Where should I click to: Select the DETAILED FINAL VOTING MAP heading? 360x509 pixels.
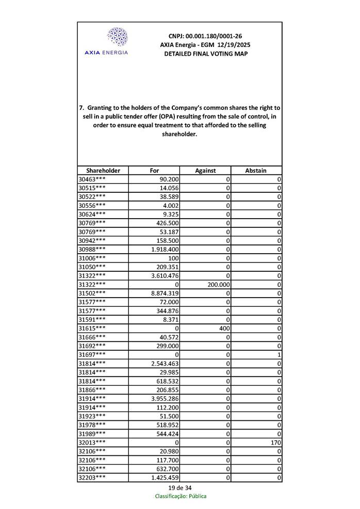point(205,54)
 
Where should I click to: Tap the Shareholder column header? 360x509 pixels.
point(103,170)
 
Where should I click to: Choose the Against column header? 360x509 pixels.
point(205,170)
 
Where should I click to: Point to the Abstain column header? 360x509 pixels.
point(256,170)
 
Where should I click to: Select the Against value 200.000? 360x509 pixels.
point(218,284)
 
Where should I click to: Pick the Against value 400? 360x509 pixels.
point(223,328)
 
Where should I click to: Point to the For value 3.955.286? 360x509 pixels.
point(165,398)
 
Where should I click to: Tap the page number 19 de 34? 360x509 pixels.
point(179,488)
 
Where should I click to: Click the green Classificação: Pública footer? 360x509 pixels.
point(181,496)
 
